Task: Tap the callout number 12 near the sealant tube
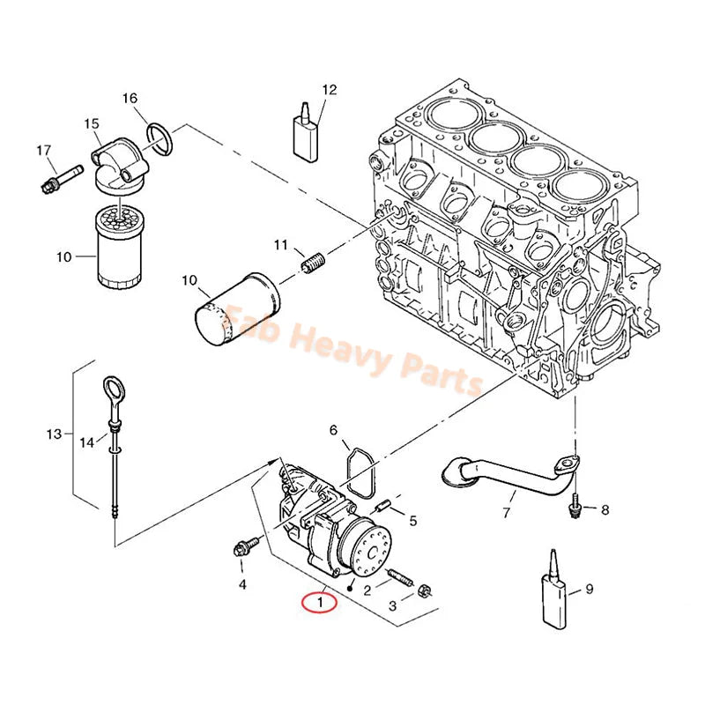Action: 329,89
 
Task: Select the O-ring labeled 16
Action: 160,135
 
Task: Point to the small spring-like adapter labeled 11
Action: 309,262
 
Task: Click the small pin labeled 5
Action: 383,506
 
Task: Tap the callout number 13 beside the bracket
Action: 55,434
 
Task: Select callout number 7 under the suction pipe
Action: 507,513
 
